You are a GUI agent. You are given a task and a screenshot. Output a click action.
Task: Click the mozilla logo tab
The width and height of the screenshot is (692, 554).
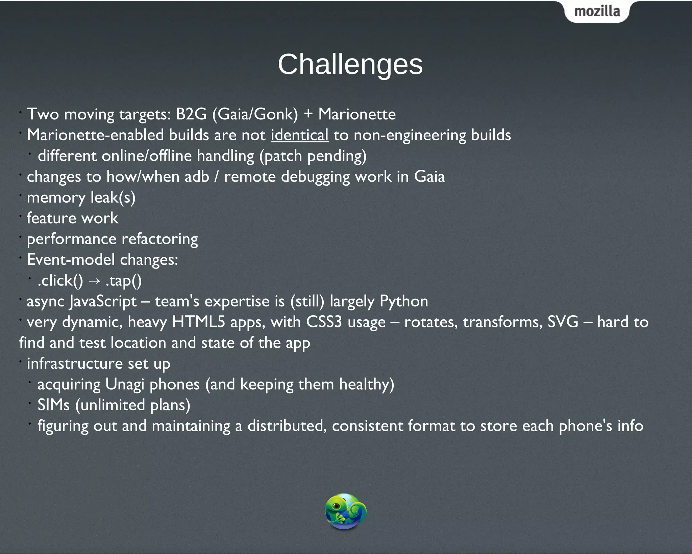click(597, 11)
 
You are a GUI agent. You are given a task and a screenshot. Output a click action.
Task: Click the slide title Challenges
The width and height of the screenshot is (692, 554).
click(350, 64)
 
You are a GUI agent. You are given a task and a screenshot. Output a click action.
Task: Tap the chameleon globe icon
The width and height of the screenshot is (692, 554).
click(345, 511)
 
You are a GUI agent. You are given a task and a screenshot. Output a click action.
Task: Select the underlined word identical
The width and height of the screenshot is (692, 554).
click(299, 135)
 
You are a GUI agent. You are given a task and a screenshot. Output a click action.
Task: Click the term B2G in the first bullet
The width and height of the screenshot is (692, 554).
click(191, 114)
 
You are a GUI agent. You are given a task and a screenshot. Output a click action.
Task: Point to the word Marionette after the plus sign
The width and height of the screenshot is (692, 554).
click(357, 114)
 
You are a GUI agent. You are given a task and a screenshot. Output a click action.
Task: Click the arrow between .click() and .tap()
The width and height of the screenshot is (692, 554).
click(94, 281)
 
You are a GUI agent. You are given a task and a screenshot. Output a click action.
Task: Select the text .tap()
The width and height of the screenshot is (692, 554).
click(123, 281)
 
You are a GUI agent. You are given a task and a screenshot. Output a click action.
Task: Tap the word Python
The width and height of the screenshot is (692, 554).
click(404, 301)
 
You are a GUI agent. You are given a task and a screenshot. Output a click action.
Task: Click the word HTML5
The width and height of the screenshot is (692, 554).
click(198, 322)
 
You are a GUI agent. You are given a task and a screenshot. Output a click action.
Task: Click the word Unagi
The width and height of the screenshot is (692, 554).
click(125, 385)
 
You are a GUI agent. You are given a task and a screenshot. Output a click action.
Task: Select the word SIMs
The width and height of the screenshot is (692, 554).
click(53, 405)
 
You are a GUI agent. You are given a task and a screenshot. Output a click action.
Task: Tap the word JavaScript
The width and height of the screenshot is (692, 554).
click(103, 301)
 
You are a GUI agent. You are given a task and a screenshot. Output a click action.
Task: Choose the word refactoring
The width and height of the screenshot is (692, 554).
click(160, 239)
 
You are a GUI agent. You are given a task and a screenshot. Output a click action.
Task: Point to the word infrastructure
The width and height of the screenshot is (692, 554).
click(74, 364)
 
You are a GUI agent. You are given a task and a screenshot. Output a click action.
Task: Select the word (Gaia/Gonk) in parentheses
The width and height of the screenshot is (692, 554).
click(255, 114)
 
